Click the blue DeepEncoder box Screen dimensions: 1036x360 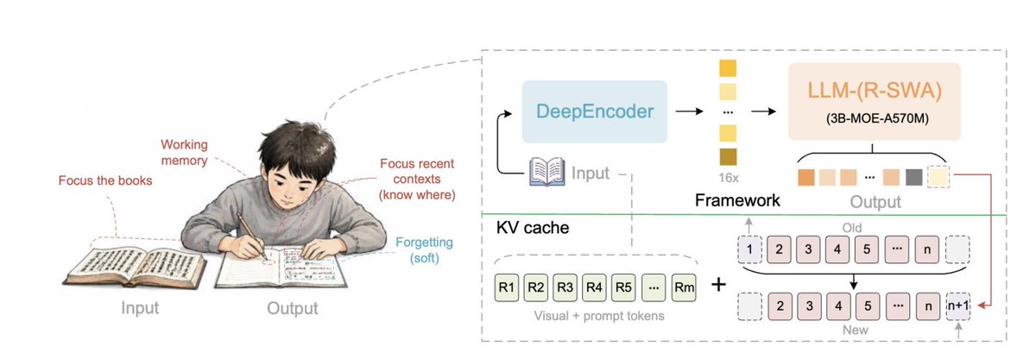[594, 111]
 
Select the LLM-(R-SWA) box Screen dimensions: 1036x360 [874, 101]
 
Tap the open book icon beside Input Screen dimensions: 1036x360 [547, 172]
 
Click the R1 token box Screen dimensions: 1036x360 [507, 287]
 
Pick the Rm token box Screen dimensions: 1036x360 [684, 287]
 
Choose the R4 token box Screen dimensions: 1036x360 [594, 287]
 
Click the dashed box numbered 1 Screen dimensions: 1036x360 [749, 249]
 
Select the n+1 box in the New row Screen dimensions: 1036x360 [957, 306]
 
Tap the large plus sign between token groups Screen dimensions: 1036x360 [718, 284]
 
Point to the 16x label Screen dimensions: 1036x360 [729, 178]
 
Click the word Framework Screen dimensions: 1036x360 [737, 200]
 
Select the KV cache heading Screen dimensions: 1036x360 [533, 228]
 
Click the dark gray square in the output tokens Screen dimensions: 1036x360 [914, 177]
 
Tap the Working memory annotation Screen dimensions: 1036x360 [184, 152]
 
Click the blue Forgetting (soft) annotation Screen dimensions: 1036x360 [424, 249]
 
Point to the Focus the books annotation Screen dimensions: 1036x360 [105, 180]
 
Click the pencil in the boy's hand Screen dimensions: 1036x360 [251, 235]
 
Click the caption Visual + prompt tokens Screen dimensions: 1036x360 [599, 316]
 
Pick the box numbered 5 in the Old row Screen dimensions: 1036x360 [866, 249]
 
